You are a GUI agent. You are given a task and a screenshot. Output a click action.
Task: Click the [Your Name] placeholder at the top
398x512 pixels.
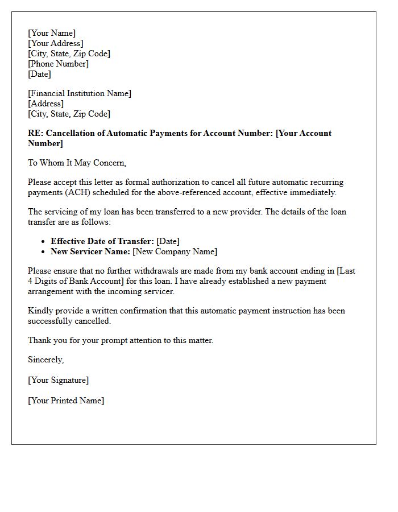(52, 33)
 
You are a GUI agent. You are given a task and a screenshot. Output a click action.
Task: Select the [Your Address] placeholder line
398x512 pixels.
(56, 43)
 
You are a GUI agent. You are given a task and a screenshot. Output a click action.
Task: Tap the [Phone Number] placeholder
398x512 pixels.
(59, 64)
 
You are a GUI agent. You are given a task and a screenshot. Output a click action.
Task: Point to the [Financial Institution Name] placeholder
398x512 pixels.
(80, 93)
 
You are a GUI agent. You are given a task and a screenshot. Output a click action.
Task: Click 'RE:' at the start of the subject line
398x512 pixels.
(35, 133)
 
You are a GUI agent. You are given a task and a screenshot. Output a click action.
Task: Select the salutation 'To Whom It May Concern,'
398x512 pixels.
(77, 163)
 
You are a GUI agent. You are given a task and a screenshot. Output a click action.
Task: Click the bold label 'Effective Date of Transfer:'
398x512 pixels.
(102, 241)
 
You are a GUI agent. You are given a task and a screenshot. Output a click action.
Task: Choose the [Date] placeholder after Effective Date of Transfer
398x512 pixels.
(168, 241)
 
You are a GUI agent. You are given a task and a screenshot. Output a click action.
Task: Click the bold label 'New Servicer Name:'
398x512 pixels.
(90, 251)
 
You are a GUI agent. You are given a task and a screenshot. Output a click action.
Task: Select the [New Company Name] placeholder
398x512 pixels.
(175, 251)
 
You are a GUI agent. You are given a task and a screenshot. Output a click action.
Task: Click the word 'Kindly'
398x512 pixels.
(40, 311)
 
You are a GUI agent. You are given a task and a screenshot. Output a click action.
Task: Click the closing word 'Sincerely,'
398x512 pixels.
(46, 360)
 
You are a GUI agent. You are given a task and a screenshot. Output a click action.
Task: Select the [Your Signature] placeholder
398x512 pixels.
(59, 380)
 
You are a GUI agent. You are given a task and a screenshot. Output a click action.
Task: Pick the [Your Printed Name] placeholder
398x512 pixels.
(66, 400)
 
